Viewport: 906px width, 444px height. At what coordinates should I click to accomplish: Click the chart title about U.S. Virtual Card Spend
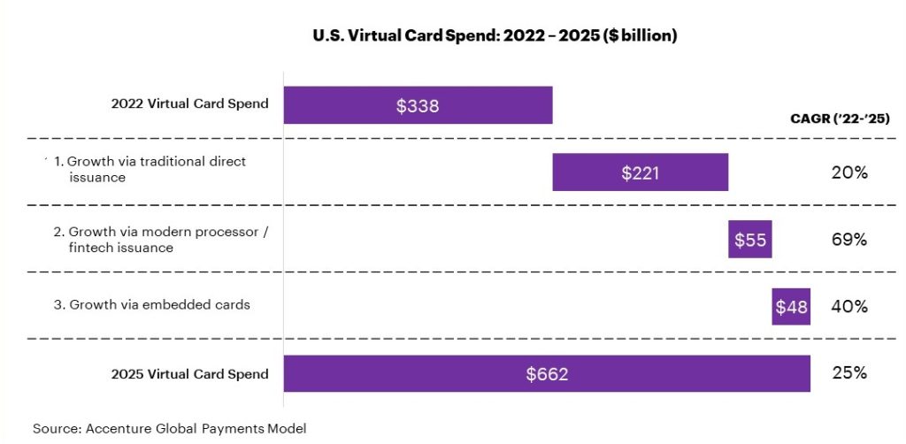click(x=495, y=36)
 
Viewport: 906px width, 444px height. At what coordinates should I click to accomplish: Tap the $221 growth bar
click(x=640, y=172)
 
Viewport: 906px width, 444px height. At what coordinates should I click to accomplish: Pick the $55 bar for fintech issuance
click(x=750, y=240)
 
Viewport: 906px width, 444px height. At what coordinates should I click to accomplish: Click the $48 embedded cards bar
click(x=791, y=307)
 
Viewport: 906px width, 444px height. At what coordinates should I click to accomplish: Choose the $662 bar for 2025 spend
click(x=672, y=373)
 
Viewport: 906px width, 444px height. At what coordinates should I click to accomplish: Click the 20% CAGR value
click(x=848, y=172)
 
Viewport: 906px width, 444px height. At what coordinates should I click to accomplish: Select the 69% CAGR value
click(x=848, y=240)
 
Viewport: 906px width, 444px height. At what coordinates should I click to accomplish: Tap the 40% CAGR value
click(x=848, y=307)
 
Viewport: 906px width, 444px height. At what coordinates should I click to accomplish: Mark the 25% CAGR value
click(x=848, y=372)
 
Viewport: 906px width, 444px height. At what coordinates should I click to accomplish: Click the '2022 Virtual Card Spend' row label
click(x=189, y=104)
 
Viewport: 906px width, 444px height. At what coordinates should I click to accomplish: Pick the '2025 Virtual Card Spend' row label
click(x=189, y=374)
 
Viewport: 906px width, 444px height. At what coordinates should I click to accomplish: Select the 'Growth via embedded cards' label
click(x=152, y=305)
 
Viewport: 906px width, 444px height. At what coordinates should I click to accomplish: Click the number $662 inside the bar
click(x=547, y=374)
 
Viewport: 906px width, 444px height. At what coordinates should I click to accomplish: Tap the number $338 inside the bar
click(x=418, y=105)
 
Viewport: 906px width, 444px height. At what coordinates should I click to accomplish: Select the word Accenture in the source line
click(x=118, y=429)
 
